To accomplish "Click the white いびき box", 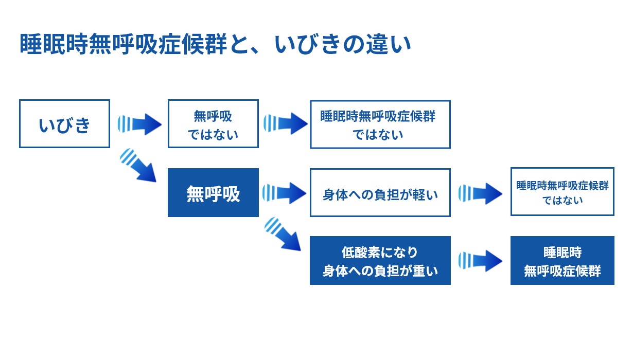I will coord(64,123).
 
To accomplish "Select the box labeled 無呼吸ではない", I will coord(213,123).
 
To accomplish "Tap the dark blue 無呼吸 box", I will coord(213,193).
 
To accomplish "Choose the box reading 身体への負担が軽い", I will coord(380,193).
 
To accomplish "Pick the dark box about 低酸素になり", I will coord(380,260).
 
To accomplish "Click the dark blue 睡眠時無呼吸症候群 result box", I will coord(562,260).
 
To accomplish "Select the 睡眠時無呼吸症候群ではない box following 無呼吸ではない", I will coord(380,124).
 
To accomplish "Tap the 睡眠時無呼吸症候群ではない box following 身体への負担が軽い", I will coord(562,192).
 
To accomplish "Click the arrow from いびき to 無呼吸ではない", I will coord(139,123).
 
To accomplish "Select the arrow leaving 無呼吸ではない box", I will coord(286,123).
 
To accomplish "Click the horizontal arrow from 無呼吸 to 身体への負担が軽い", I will coord(285,193).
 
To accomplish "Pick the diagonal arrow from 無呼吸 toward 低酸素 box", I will coord(283,234).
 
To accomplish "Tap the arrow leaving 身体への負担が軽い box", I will coord(480,193).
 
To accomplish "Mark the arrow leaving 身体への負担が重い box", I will coord(480,260).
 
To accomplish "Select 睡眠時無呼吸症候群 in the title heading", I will coord(123,44).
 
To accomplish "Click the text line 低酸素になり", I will coord(380,253).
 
